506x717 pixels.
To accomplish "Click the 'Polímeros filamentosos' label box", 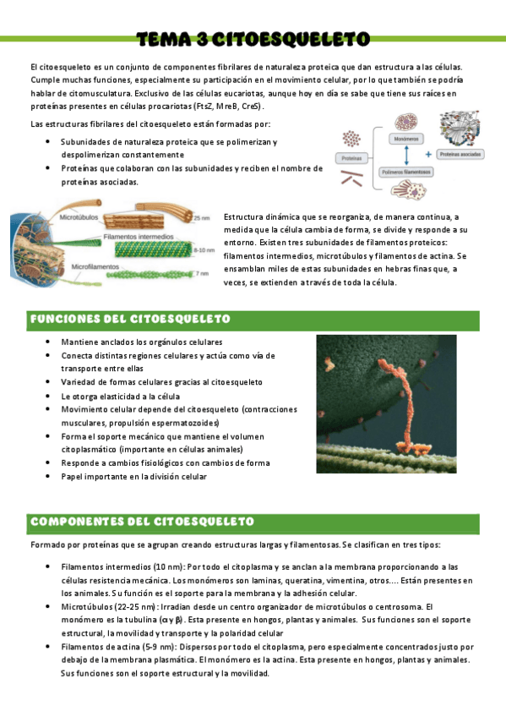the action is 406,172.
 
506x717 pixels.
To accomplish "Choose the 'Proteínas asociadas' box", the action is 460,155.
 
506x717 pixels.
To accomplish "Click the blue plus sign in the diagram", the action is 428,155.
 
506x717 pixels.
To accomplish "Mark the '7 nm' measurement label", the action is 202,274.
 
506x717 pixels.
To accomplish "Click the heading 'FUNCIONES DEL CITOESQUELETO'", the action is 130,319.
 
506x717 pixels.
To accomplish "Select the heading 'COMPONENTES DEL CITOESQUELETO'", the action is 142,521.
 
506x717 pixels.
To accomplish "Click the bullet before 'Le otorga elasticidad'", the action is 50,396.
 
